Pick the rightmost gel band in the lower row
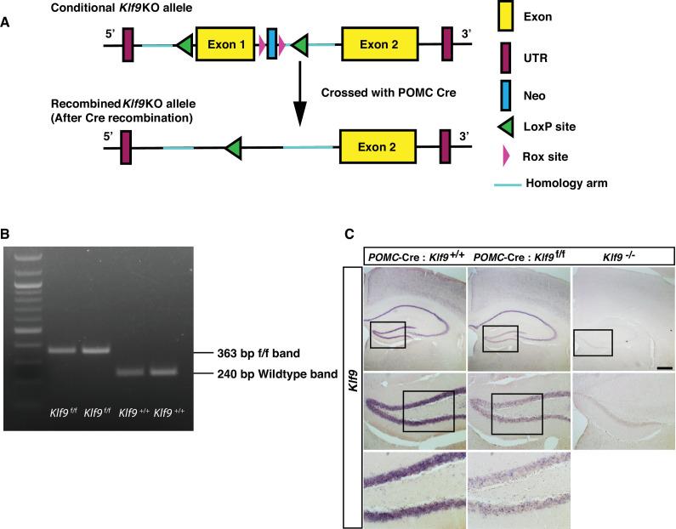(x=166, y=372)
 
